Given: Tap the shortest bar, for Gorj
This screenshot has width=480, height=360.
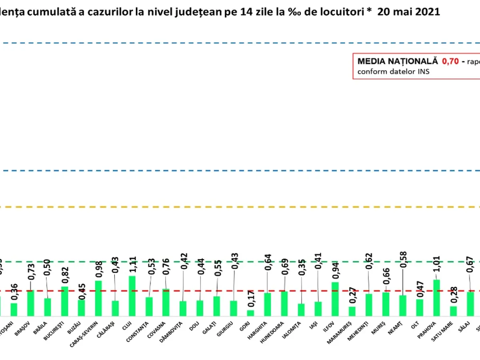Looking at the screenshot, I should click(x=250, y=313).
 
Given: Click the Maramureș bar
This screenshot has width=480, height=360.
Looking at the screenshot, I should click(x=352, y=311).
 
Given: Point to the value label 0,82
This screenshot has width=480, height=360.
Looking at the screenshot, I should click(x=65, y=276).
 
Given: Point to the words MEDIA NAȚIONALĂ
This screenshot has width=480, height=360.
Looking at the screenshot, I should click(x=398, y=62).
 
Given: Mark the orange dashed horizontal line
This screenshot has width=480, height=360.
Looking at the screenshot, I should click(x=240, y=207).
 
